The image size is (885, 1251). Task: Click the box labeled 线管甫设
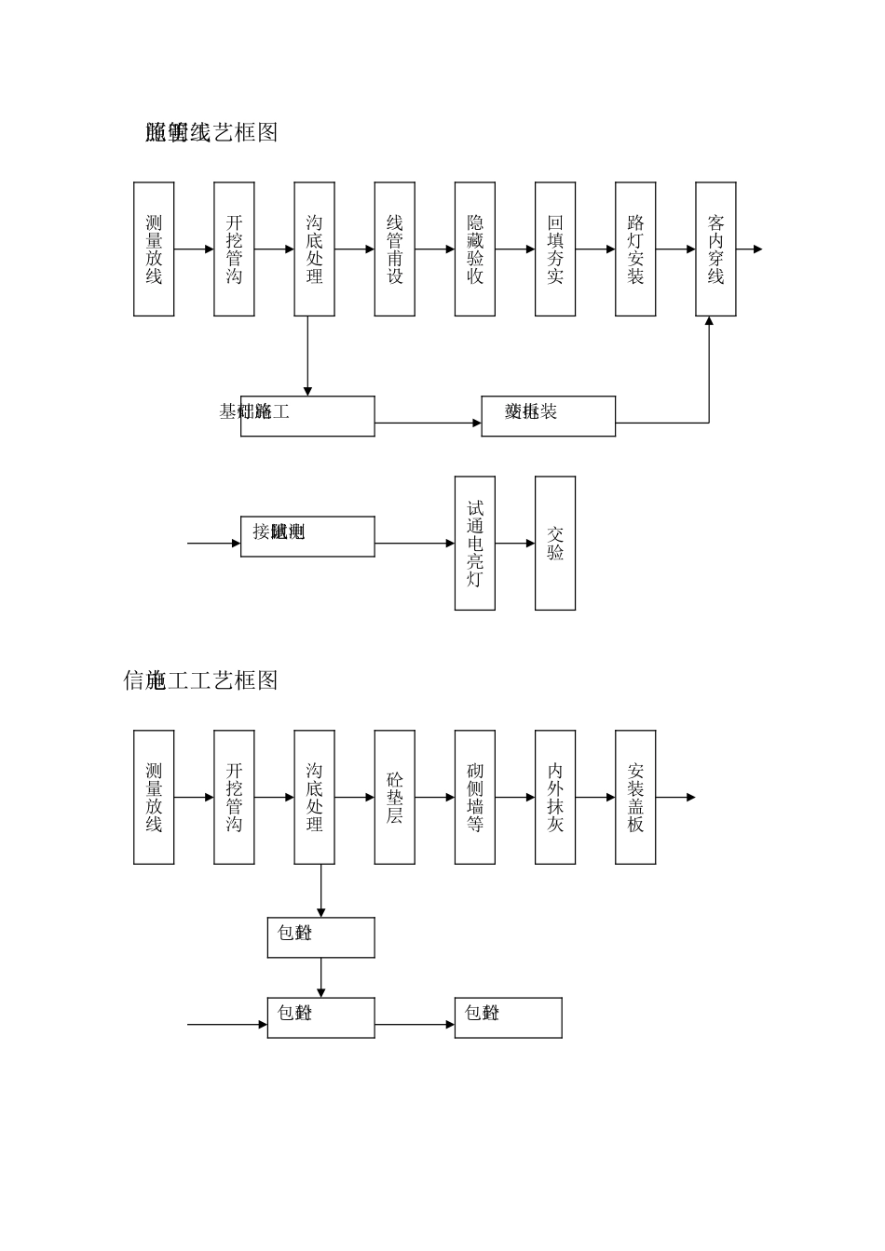[x=394, y=249]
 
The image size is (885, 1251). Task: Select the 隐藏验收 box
[x=474, y=249]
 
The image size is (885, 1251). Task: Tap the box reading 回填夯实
[x=555, y=249]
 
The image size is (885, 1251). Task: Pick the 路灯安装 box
[x=635, y=249]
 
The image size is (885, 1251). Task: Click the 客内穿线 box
[x=715, y=249]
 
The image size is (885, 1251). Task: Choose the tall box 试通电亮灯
[x=474, y=544]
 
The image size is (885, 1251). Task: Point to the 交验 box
[x=555, y=544]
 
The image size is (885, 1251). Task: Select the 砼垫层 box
[x=394, y=798]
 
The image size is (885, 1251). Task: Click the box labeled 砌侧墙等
[x=474, y=798]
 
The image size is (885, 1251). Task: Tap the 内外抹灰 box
[x=555, y=798]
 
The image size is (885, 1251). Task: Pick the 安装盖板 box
[x=635, y=798]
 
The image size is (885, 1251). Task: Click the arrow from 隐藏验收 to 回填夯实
[x=515, y=249]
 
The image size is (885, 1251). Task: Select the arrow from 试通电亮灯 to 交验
[x=515, y=544]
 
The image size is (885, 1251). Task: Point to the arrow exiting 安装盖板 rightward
[x=676, y=798]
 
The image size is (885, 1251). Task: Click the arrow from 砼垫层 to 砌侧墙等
[x=435, y=798]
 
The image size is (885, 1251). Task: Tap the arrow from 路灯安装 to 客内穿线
[x=675, y=249]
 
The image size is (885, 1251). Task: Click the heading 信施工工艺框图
[x=200, y=680]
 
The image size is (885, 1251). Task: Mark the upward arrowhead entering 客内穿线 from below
[x=709, y=322]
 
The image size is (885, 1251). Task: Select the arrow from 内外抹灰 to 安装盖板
[x=595, y=798]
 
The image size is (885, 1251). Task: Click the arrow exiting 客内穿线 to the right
[x=750, y=249]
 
